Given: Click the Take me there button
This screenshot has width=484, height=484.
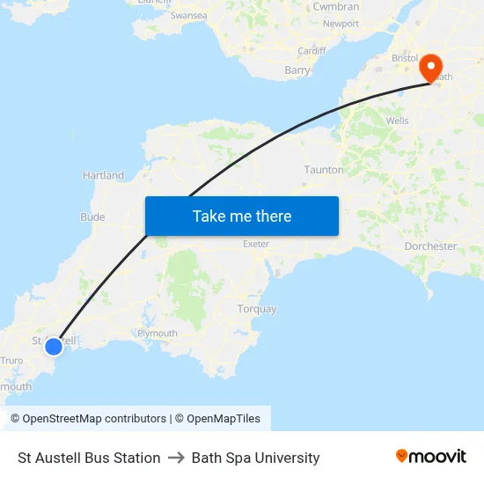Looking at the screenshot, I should coord(242,216).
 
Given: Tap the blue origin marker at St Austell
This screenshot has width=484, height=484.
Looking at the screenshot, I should coord(54,347).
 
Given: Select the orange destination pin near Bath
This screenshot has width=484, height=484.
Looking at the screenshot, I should coord(431,67).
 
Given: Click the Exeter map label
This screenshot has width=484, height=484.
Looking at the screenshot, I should coord(256,244).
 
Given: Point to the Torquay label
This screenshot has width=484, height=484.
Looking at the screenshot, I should coord(257,309).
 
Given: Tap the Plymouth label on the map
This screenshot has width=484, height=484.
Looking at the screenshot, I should coord(158,334).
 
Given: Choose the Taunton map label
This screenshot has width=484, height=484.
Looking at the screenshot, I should coord(323,169).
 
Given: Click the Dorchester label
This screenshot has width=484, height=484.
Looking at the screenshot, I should coord(430,246).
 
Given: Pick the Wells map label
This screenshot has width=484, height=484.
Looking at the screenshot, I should coord(397,121).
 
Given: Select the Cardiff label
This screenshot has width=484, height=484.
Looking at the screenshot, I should coord(312,51).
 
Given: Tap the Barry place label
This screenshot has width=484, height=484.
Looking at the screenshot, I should coord(297,70).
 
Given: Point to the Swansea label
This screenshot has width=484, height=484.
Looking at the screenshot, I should coord(188,16).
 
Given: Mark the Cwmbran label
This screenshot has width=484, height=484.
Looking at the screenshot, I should coord(336,6).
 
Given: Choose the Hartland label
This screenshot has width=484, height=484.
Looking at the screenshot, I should coord(104,176).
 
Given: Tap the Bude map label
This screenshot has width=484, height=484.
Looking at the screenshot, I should coord(92,217).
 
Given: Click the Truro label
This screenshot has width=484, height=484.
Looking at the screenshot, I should coord(11,361).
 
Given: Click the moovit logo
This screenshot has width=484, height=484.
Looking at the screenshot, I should coord(431,457).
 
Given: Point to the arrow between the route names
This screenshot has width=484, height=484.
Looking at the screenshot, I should coord(176,458).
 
